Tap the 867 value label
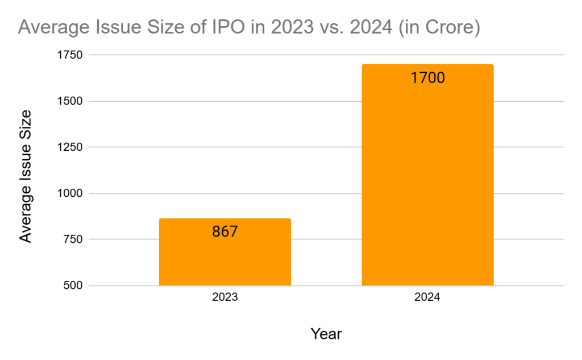[x=225, y=232]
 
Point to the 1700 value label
[x=427, y=77]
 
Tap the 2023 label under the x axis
[x=225, y=297]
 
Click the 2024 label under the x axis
[x=427, y=297]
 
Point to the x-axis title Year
[x=326, y=334]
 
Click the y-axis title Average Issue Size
[x=26, y=176]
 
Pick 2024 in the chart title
[x=371, y=27]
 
